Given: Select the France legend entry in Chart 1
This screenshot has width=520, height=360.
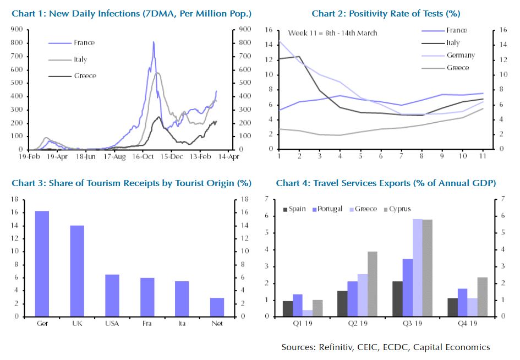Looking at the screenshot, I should click(x=84, y=42).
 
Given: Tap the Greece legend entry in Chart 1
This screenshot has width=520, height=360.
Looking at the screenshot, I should click(x=85, y=75).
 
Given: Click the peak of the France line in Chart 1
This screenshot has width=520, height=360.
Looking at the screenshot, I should click(x=154, y=42).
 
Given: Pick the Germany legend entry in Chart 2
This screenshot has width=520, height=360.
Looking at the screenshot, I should click(x=460, y=55).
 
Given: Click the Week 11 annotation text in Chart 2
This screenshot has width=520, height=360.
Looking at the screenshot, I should click(x=332, y=33).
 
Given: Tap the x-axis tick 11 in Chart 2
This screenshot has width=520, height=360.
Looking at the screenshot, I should click(x=483, y=157).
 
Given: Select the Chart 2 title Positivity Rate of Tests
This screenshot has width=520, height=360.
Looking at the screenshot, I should click(x=386, y=13).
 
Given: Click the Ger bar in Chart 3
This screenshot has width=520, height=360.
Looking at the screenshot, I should click(x=42, y=264).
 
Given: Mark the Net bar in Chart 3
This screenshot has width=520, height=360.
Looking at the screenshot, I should click(x=217, y=307).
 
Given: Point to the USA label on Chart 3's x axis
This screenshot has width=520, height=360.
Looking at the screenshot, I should click(x=112, y=324).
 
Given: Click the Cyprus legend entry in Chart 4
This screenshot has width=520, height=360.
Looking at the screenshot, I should click(x=399, y=209).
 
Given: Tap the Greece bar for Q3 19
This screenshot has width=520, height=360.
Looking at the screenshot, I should click(x=418, y=268).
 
